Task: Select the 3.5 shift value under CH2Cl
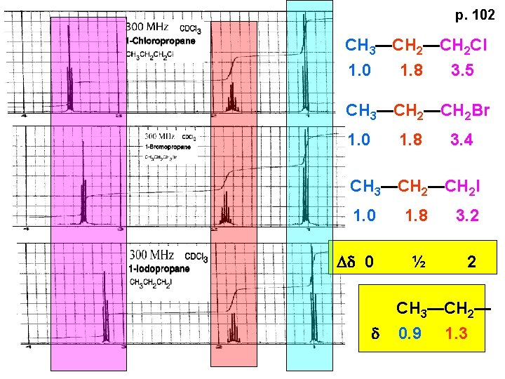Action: (463, 71)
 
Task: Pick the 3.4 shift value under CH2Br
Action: (462, 140)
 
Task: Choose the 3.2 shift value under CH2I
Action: (467, 215)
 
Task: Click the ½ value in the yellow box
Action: (418, 262)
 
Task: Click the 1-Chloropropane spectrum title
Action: (161, 41)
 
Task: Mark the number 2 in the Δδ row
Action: (472, 262)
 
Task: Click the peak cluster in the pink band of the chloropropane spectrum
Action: (69, 88)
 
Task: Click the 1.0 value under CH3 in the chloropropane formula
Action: (360, 71)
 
